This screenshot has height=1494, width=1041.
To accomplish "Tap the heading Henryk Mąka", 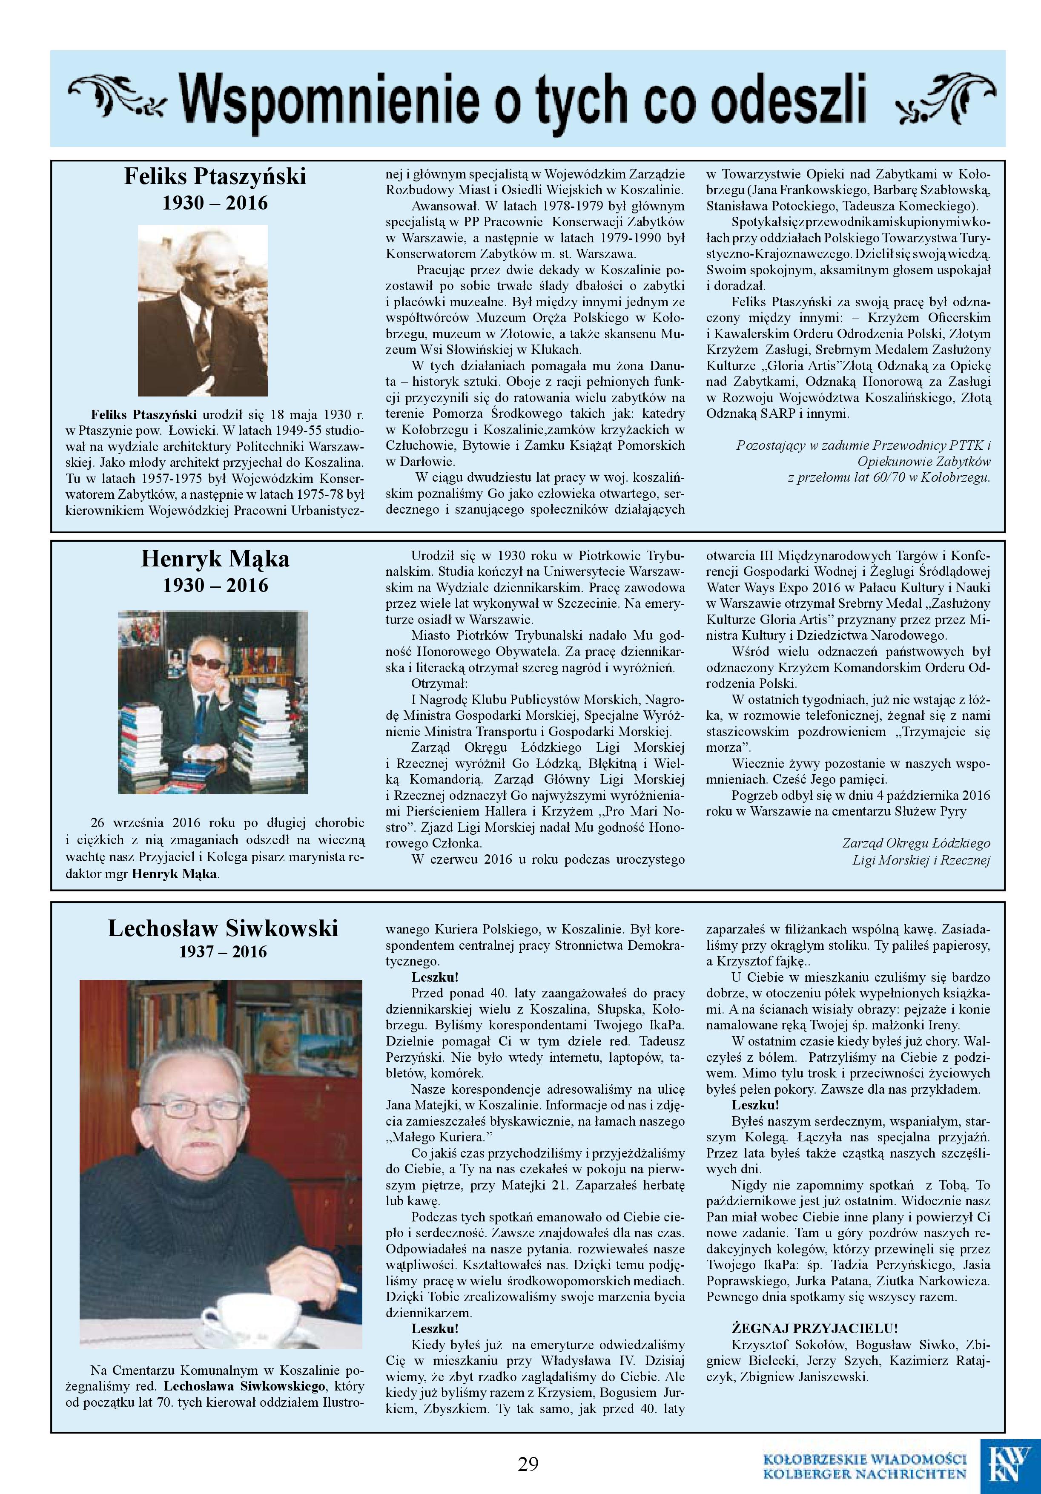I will click(215, 559).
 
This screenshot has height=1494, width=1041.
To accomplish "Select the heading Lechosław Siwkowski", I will click(223, 928).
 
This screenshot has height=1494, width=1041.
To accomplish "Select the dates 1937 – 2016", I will click(223, 952).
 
